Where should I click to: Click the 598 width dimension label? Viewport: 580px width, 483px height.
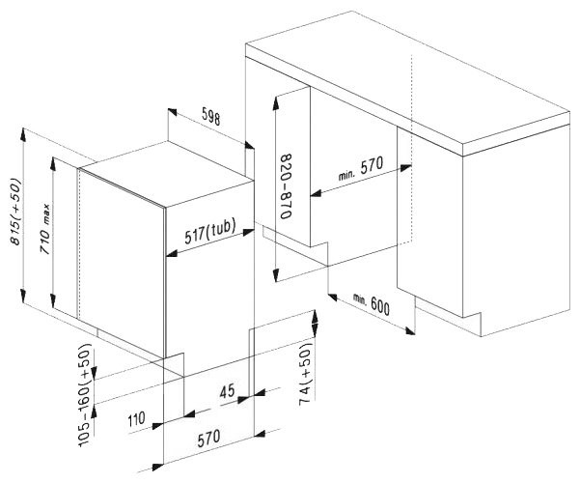tap(210, 116)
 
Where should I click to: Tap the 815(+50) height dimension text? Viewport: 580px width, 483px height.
tap(15, 212)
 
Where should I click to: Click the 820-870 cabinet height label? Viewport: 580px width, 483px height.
tap(286, 185)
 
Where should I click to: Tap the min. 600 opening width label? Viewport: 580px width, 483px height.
tap(371, 303)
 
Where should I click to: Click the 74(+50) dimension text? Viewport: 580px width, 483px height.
tap(306, 374)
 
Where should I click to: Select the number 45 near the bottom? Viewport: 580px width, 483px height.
tap(227, 391)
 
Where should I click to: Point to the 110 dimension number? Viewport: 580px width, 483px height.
tap(136, 420)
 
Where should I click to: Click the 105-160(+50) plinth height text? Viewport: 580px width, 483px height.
tap(84, 395)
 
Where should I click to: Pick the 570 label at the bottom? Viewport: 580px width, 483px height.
tap(208, 439)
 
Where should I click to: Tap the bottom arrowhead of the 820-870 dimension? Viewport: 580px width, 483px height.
tap(276, 275)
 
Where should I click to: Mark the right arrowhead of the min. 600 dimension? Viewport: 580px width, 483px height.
tap(409, 330)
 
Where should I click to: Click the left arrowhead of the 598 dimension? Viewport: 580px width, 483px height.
tap(173, 112)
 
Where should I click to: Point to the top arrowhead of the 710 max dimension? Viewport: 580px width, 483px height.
tap(53, 163)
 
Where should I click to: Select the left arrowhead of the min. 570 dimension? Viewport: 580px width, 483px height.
tap(317, 193)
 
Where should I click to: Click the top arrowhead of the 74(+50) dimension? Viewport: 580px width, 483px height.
tap(315, 318)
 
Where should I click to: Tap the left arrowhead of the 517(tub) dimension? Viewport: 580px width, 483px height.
tap(171, 254)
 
